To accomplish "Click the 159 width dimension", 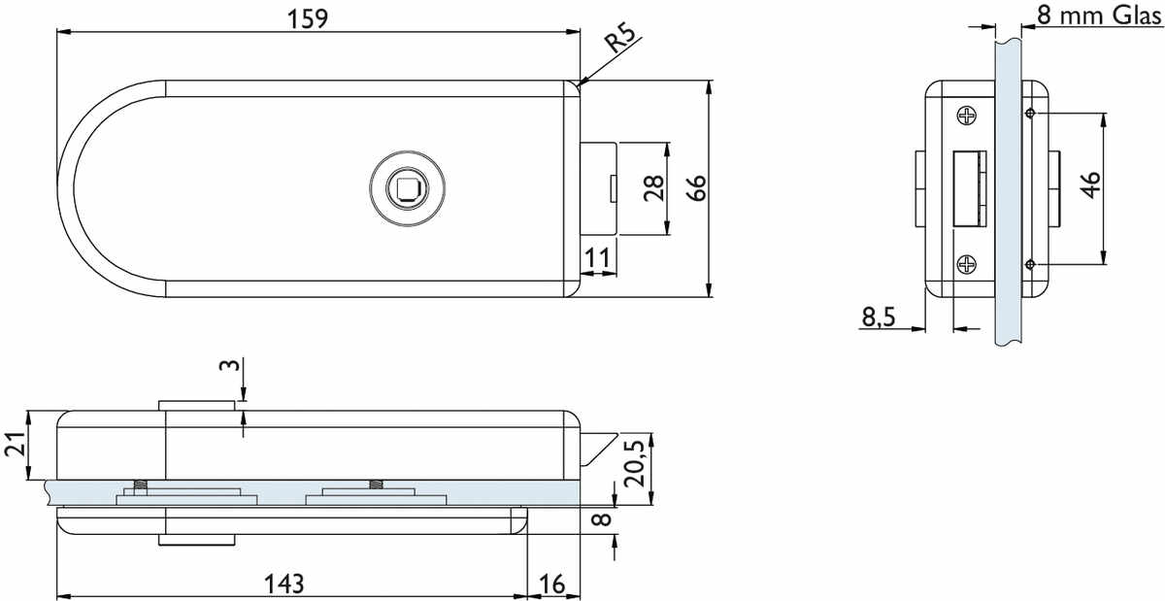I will coord(313,17).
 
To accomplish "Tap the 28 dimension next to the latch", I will coord(653,187).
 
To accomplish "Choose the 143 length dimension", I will coord(283,584).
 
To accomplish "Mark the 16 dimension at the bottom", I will coord(551,584).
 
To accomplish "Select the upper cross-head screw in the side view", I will coord(968,117).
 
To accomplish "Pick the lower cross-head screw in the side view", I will coord(968,263).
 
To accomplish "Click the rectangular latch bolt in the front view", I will coord(599,187).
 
